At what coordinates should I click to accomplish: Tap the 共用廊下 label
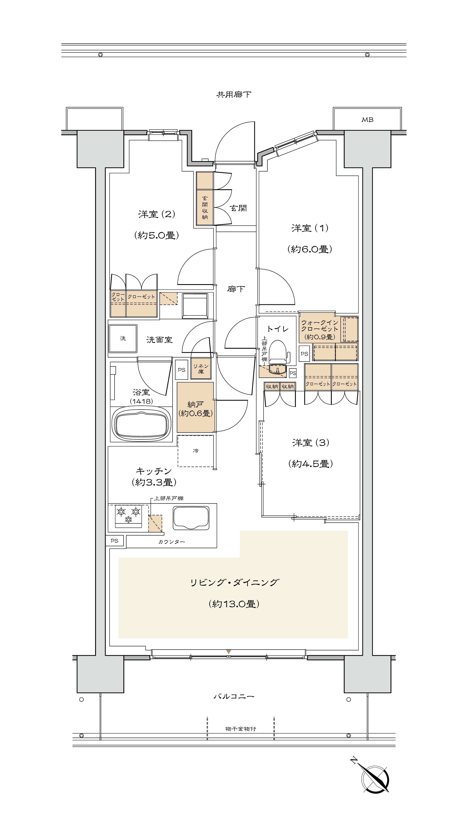234,95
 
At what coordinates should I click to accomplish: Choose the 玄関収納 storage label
205,208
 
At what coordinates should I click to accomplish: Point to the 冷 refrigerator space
196,451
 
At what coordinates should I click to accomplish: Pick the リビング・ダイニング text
234,582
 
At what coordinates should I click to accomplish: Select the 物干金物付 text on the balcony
241,729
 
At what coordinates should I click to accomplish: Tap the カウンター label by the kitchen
172,542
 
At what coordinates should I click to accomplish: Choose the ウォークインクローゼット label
319,325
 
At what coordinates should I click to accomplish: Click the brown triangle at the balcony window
229,651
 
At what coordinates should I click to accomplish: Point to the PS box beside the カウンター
114,541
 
